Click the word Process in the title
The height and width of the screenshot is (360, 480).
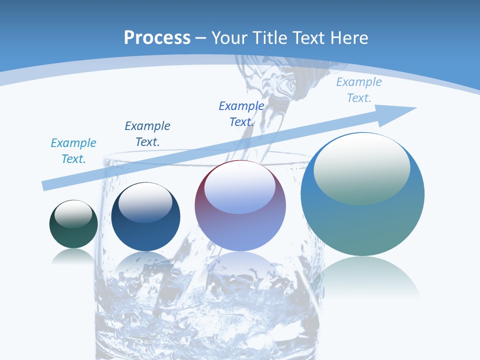157,37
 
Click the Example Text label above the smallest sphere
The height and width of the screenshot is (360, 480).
73,151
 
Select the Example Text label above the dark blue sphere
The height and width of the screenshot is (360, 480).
147,134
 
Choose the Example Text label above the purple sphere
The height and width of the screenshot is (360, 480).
241,114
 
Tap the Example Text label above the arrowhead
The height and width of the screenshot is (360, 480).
359,90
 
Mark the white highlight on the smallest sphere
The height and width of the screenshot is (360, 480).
73,214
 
